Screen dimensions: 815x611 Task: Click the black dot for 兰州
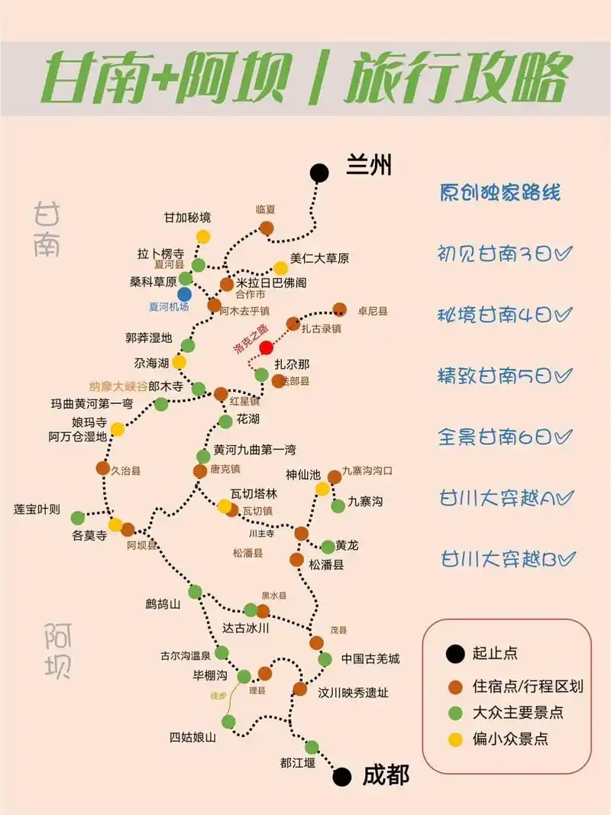[x=319, y=173]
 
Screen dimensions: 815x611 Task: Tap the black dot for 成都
[x=343, y=777]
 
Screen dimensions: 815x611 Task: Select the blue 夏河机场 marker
[x=184, y=294]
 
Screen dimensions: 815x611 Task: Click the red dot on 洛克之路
[x=266, y=348]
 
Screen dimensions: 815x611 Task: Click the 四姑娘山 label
[x=192, y=737]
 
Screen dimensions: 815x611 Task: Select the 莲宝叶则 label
[x=37, y=509]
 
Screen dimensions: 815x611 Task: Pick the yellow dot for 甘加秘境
[x=203, y=237]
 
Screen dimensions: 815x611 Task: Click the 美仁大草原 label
[x=319, y=259]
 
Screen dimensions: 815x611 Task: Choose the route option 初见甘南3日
[x=506, y=254]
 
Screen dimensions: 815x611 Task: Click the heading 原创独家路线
[x=500, y=192]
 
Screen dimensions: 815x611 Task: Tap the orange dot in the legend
[x=456, y=686]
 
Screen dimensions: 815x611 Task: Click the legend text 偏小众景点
[x=510, y=739]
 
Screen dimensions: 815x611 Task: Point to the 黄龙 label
[x=347, y=546]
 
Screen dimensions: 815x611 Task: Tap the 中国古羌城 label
[x=370, y=658]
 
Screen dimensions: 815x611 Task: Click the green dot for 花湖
[x=225, y=421]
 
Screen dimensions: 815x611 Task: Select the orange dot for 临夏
[x=267, y=228]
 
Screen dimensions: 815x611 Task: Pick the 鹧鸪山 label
[x=163, y=603]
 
